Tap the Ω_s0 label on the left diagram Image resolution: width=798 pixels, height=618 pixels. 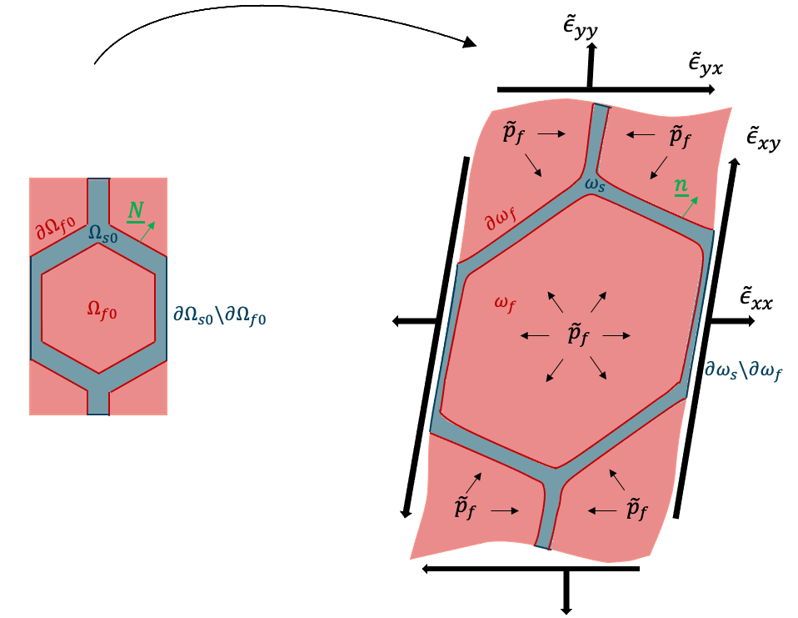tap(104, 234)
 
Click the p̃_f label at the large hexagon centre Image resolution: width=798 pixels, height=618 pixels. tap(574, 335)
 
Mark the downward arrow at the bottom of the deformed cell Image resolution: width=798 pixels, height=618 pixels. tap(566, 594)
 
